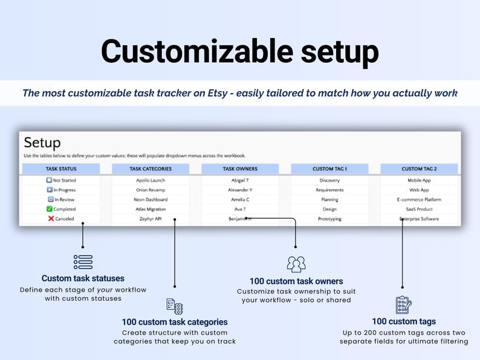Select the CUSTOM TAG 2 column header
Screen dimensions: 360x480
(x=419, y=169)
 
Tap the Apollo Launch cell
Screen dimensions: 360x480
(x=151, y=180)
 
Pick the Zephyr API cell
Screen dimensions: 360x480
(x=151, y=219)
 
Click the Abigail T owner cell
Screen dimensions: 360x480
(x=240, y=180)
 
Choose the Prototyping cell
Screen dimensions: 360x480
(x=329, y=219)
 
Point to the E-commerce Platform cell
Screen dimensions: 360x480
(x=419, y=199)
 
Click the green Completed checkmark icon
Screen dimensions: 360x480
(x=50, y=209)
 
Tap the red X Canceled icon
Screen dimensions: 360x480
(x=51, y=219)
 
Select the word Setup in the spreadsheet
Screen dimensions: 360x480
(x=42, y=143)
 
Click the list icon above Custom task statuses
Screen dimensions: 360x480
(x=83, y=262)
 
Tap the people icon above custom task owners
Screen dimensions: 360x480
(x=296, y=264)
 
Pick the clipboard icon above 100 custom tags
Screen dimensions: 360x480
(x=403, y=304)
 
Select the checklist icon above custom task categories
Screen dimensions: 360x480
(x=175, y=305)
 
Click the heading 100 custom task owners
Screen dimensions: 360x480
(x=296, y=281)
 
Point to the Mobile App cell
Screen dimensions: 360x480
(x=419, y=180)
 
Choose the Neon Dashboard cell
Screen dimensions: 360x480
(x=151, y=199)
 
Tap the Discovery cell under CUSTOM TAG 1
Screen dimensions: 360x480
(x=329, y=180)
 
